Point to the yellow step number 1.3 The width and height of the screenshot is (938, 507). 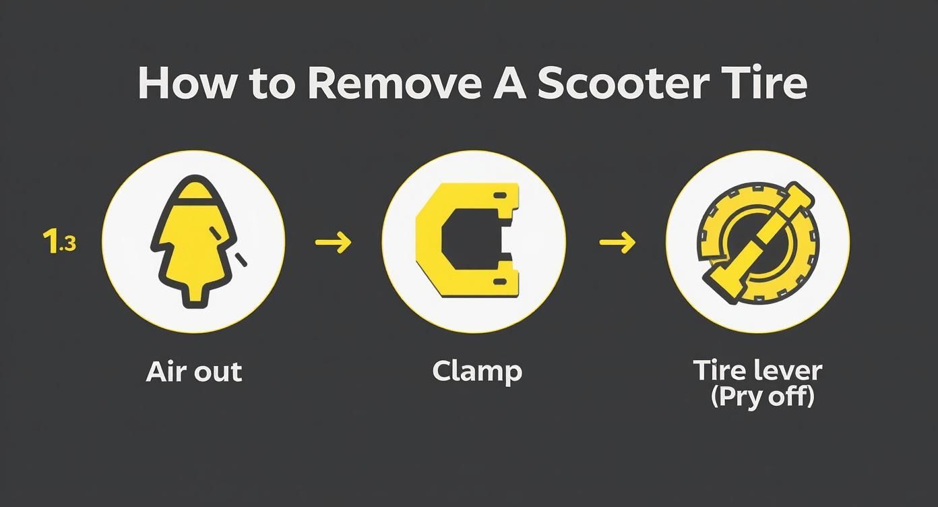point(59,242)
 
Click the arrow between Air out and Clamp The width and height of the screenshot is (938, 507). point(334,242)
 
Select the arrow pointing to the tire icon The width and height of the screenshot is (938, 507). point(617,242)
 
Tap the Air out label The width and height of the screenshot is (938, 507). point(193,371)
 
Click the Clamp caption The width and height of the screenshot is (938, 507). point(477,371)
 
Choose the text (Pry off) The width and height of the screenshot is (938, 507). point(762,396)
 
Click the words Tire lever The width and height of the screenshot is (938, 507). point(757,370)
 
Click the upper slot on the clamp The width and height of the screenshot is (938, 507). point(500,195)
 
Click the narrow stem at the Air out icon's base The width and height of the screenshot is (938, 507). point(195,297)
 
